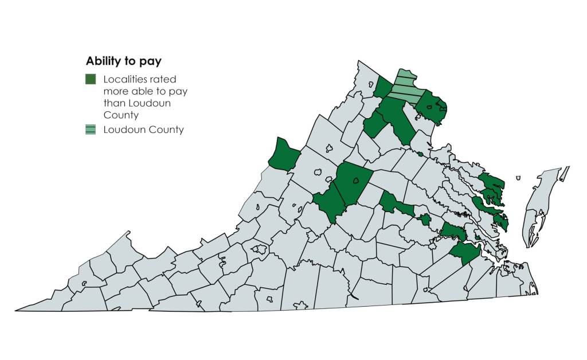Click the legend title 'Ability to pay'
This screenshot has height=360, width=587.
(x=123, y=61)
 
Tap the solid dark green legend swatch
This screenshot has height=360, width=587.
(x=91, y=79)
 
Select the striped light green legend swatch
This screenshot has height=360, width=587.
(x=91, y=130)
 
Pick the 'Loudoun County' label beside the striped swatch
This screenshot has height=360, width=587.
(x=143, y=130)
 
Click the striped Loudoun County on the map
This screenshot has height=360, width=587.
(x=408, y=87)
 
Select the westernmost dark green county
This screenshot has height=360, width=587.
(x=283, y=154)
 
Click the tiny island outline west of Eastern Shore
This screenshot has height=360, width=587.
(x=518, y=178)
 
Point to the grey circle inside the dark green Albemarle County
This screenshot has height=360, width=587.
(x=355, y=181)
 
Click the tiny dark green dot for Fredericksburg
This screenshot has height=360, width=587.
(x=420, y=154)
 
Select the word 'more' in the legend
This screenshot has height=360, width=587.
(x=114, y=92)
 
